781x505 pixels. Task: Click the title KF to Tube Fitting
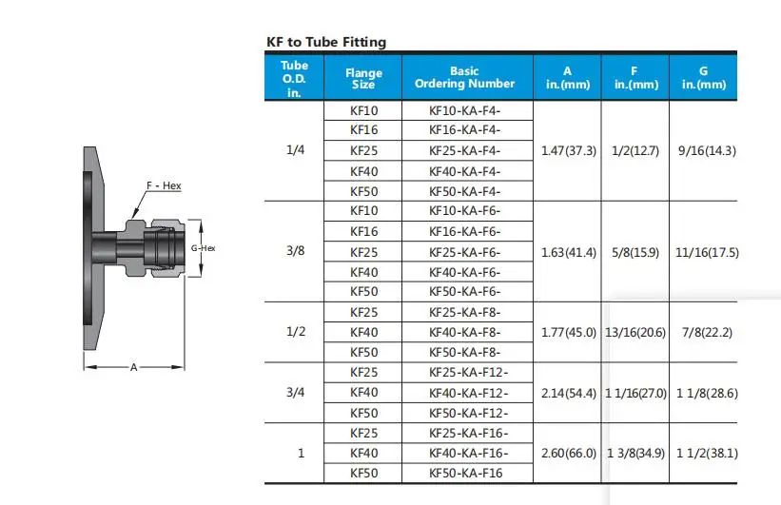tap(326, 42)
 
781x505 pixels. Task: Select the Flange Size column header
tap(363, 78)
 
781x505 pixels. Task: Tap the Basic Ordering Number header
tap(465, 77)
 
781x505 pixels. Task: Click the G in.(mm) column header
tap(704, 78)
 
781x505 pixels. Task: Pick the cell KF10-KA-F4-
tap(465, 110)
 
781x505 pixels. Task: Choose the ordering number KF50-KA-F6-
tap(465, 291)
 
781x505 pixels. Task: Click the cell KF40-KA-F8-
tap(465, 332)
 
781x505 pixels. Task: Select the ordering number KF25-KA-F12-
tap(469, 373)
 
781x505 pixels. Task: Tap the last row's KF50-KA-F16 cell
tap(466, 473)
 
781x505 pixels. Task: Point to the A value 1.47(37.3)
tap(569, 150)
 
